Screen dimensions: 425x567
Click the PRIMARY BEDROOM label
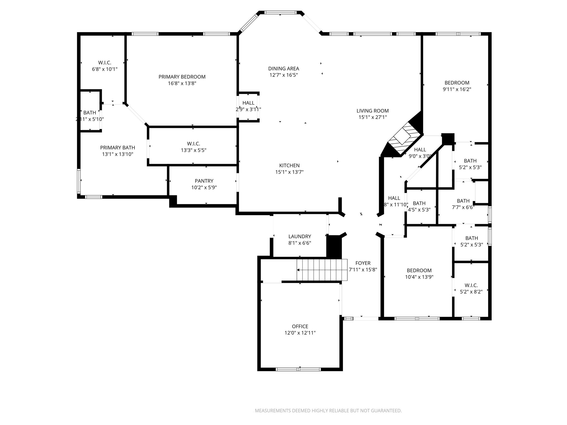tap(182, 77)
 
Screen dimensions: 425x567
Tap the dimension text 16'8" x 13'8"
tap(182, 83)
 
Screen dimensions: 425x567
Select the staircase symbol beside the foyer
tap(322, 270)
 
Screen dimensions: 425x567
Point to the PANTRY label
tap(204, 181)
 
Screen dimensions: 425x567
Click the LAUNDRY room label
tap(300, 236)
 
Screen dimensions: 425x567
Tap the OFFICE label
tap(300, 326)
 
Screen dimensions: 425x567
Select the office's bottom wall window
tap(298, 369)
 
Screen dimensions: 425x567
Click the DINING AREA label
tap(283, 68)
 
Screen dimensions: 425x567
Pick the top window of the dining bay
tap(280, 12)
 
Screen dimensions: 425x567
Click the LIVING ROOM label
tap(372, 111)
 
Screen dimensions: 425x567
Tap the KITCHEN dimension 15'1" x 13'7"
tap(289, 172)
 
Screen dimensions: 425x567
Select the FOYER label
tap(363, 263)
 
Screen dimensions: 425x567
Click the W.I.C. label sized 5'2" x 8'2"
tap(471, 285)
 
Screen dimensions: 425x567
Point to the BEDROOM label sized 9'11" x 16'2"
tap(457, 82)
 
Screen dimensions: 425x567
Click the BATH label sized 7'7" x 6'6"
tap(463, 201)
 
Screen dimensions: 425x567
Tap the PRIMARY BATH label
tap(117, 147)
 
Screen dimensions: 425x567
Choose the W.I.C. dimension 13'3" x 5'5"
tap(194, 150)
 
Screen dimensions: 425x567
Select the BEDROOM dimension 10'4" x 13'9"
tap(419, 277)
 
